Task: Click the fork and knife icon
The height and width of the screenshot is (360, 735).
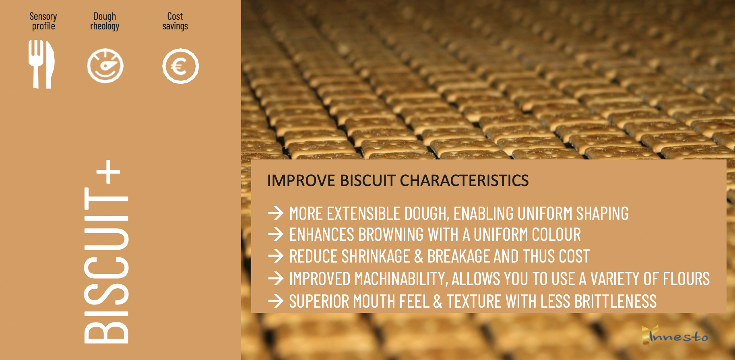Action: point(41,64)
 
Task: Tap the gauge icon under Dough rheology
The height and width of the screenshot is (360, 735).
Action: point(105,66)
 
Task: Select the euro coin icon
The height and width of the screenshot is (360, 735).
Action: point(180,66)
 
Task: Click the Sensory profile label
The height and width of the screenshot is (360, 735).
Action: point(43,21)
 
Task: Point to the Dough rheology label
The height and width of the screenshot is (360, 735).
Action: point(105,21)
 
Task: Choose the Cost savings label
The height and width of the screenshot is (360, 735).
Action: point(175,21)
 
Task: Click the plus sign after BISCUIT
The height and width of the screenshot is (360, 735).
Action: point(108,172)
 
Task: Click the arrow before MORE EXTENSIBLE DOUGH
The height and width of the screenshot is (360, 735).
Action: point(276,213)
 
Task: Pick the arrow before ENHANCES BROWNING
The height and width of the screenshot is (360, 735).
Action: point(276,234)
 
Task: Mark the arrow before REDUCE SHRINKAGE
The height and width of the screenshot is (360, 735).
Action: point(276,256)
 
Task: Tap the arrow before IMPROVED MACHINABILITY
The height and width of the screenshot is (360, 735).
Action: point(276,278)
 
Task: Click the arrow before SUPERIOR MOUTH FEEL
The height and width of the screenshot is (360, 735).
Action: point(276,301)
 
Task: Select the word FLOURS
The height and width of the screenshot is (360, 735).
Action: point(686,279)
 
